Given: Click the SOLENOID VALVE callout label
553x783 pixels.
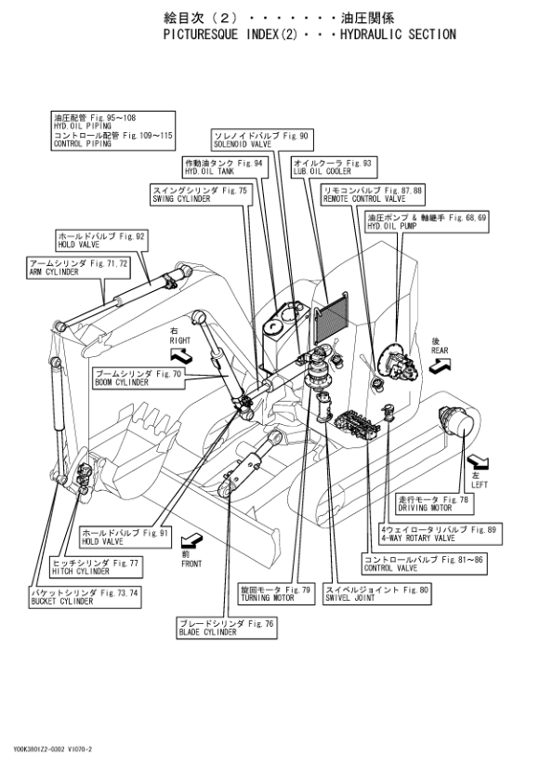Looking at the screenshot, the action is click(262, 139).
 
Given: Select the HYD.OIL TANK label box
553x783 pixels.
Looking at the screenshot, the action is click(225, 166).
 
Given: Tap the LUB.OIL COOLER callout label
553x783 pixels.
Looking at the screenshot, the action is click(334, 166).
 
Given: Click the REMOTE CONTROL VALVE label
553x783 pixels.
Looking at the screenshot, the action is click(373, 194).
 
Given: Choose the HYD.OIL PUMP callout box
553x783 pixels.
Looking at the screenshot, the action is click(428, 221).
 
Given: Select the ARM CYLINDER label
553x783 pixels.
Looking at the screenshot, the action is click(79, 268).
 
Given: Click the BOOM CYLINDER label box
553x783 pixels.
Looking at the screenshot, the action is click(138, 378).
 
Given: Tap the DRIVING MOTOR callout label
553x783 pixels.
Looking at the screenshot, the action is click(435, 504).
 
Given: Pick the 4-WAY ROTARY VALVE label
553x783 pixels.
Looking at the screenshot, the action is click(441, 534).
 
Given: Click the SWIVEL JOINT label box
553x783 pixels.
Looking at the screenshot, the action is click(377, 593).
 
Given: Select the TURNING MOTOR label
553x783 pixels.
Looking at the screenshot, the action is click(277, 593).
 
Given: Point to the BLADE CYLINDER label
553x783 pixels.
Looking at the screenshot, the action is click(227, 628).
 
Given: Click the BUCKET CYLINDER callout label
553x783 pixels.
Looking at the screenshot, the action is click(86, 597).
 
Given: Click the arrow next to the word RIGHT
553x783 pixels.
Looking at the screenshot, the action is click(180, 355).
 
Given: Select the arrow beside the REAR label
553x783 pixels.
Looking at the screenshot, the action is click(440, 366).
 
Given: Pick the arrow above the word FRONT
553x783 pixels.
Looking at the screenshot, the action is click(191, 539).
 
